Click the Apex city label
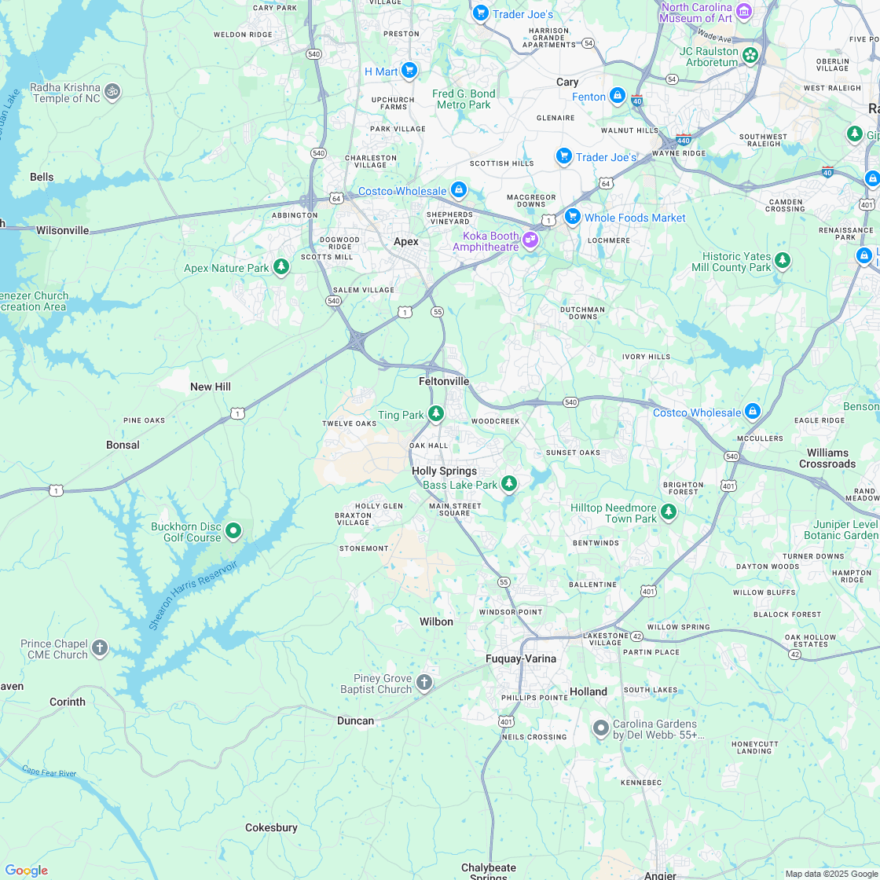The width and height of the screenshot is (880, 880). point(406,241)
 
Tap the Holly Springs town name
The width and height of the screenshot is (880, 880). point(444,471)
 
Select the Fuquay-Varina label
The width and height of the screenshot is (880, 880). point(520,658)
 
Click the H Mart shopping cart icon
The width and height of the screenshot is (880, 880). point(409,71)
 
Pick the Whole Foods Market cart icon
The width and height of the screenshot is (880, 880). point(572,216)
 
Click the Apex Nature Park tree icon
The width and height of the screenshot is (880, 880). point(281,267)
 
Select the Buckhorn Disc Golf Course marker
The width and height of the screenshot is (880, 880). point(233,531)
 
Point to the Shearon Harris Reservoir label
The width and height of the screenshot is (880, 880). point(192,596)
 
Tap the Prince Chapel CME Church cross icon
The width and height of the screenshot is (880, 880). point(99,648)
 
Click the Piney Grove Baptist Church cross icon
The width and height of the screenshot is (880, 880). point(424,682)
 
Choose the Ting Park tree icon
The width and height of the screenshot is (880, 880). point(436,414)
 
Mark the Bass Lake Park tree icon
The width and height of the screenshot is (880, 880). point(509,483)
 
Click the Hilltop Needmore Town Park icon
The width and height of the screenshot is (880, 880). point(669,512)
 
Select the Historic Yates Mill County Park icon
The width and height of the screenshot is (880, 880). point(782,260)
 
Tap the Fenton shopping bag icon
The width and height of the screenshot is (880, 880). point(618,96)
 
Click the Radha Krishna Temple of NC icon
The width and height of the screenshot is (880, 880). point(112,91)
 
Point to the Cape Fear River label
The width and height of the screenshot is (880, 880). point(49,772)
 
